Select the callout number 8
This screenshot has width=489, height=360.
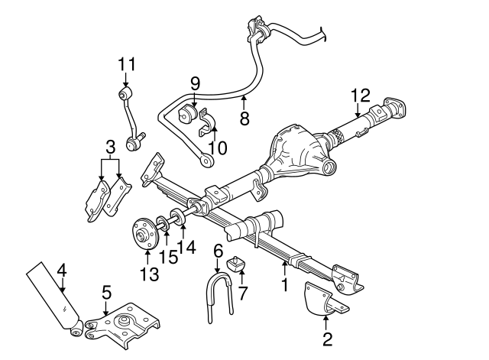click(244, 118)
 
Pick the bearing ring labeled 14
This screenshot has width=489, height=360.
click(175, 220)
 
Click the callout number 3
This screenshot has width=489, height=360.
click(111, 146)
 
